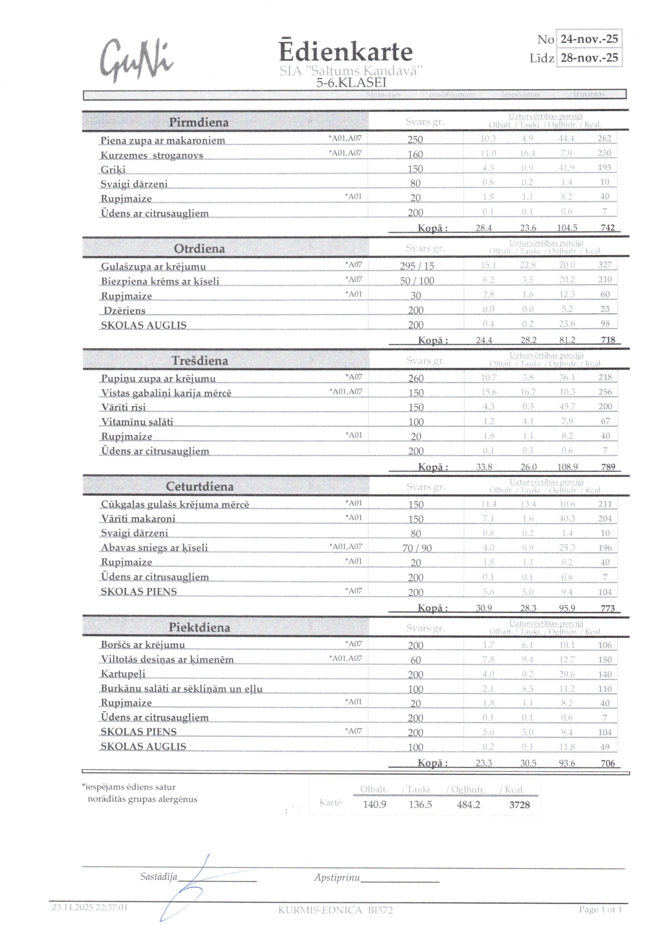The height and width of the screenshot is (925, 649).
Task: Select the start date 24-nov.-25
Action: click(589, 39)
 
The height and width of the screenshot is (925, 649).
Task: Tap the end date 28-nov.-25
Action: click(589, 58)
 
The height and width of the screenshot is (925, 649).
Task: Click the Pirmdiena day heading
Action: click(199, 122)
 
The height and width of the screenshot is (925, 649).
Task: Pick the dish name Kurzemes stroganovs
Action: click(152, 155)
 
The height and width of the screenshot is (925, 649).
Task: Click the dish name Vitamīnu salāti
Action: click(137, 422)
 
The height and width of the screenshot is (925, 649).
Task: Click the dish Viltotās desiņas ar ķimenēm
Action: click(167, 660)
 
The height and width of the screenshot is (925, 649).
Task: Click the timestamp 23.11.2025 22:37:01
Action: click(90, 907)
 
